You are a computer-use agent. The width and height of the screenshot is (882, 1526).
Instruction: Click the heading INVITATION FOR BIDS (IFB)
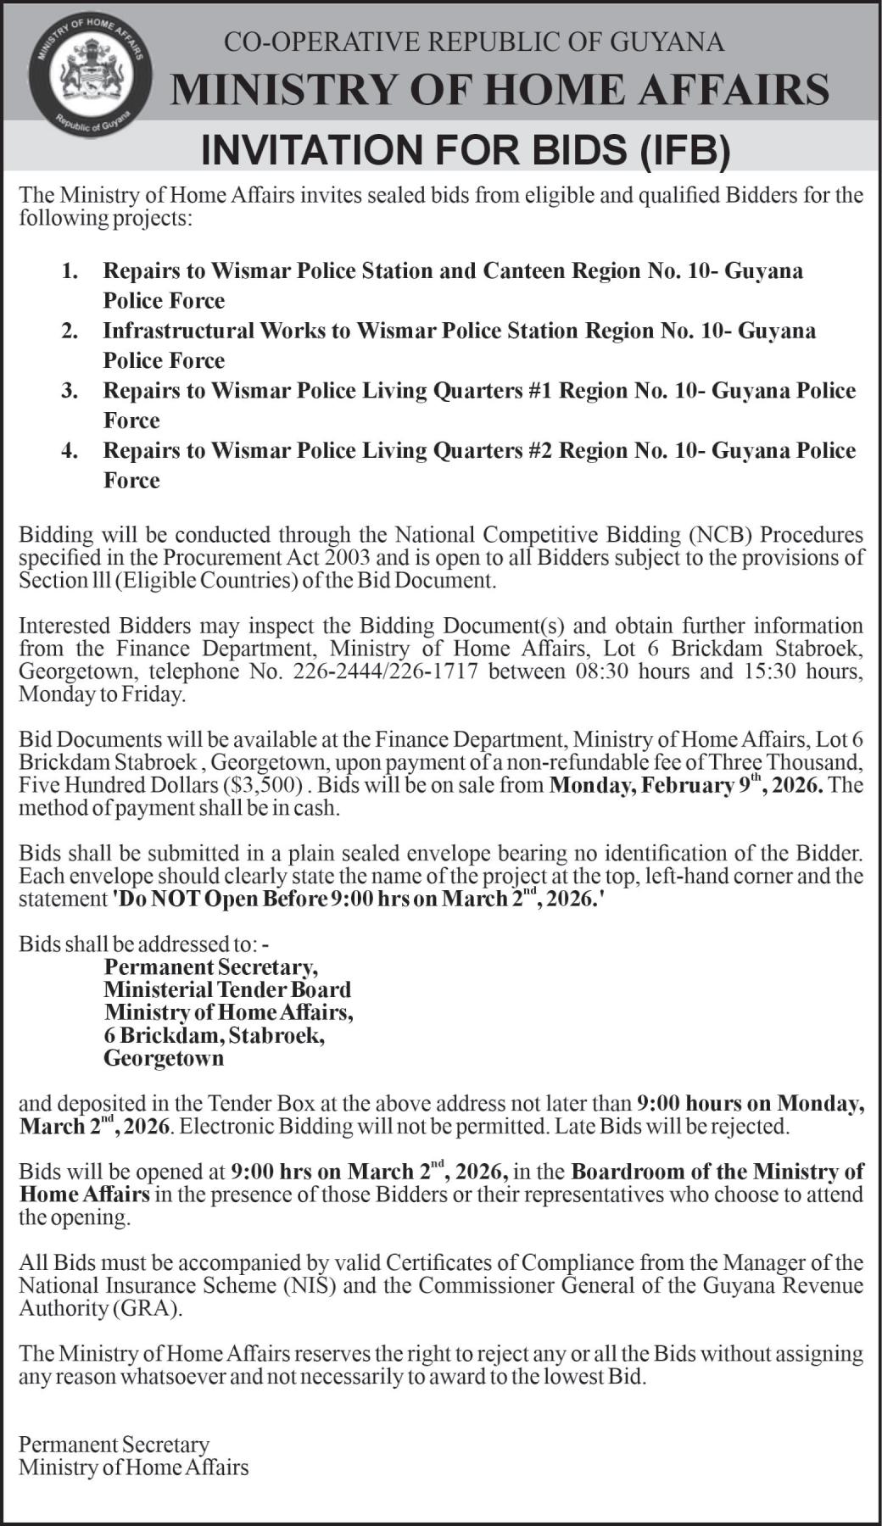(465, 150)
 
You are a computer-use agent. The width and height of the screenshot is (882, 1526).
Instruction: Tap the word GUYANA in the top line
(669, 42)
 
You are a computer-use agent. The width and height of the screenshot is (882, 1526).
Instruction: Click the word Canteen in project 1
(524, 271)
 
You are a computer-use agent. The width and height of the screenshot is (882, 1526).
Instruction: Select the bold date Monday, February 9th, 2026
(686, 785)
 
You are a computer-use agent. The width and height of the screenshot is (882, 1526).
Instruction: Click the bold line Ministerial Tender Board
(227, 990)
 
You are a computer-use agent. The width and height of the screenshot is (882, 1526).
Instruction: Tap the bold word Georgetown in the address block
(164, 1058)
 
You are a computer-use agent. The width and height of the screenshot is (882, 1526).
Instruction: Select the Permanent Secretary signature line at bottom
(114, 1445)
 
